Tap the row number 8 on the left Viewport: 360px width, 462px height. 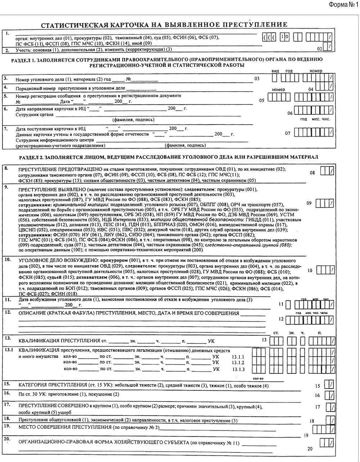pyautogui.click(x=6, y=168)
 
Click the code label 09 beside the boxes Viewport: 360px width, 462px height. pyautogui.click(x=309, y=203)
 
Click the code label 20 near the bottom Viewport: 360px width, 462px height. pyautogui.click(x=310, y=449)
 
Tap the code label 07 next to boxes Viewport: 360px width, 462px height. pyautogui.click(x=288, y=133)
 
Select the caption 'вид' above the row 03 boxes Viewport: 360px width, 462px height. pyautogui.click(x=275, y=71)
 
